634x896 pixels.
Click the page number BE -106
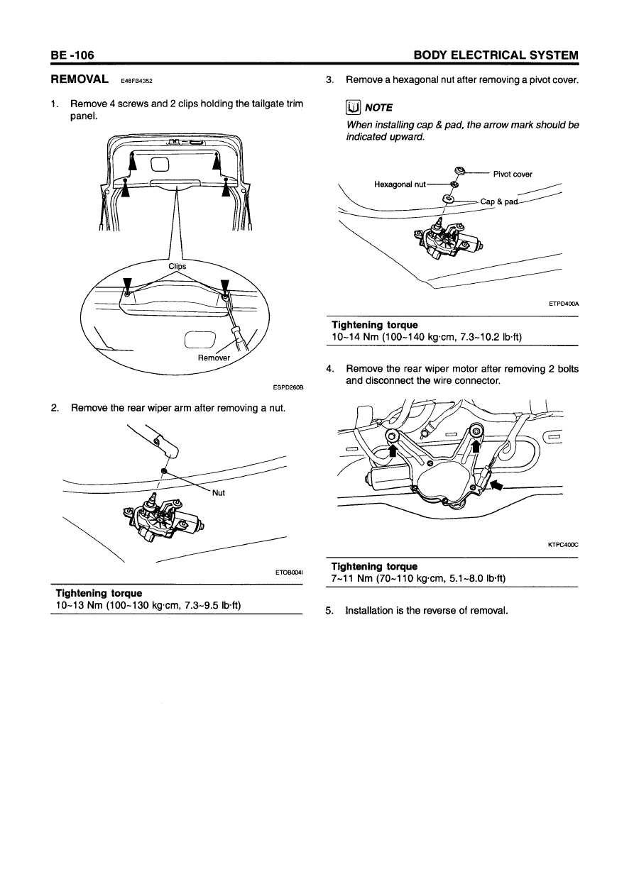[x=72, y=55]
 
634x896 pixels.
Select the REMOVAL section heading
[x=79, y=79]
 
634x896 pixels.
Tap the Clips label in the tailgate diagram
[x=177, y=267]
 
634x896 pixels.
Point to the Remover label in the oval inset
[x=214, y=358]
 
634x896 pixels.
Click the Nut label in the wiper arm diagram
[x=218, y=494]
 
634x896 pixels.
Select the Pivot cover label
[x=512, y=174]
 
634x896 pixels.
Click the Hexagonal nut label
[x=400, y=184]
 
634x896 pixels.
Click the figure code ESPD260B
[x=288, y=387]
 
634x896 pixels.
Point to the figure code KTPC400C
[x=564, y=545]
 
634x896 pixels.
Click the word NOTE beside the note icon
[x=378, y=108]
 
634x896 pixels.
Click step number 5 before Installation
[x=329, y=610]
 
